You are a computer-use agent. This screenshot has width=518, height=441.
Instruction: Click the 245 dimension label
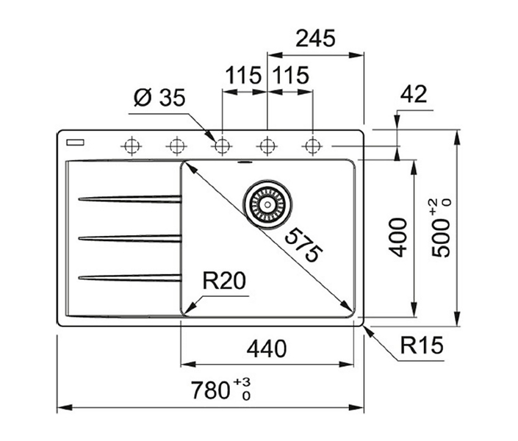315,38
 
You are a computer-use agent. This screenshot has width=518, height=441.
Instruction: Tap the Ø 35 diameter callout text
159,98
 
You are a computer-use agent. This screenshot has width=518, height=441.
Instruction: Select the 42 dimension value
414,94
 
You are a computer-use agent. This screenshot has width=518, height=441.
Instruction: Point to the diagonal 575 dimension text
303,245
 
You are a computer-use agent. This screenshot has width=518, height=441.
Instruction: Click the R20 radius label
224,281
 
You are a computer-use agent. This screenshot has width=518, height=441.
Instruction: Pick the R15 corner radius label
422,345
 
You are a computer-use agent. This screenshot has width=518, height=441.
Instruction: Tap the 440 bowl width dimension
267,349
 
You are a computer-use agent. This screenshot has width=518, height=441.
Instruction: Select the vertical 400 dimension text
398,237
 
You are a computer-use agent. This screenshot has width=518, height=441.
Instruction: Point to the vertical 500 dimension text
441,228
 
